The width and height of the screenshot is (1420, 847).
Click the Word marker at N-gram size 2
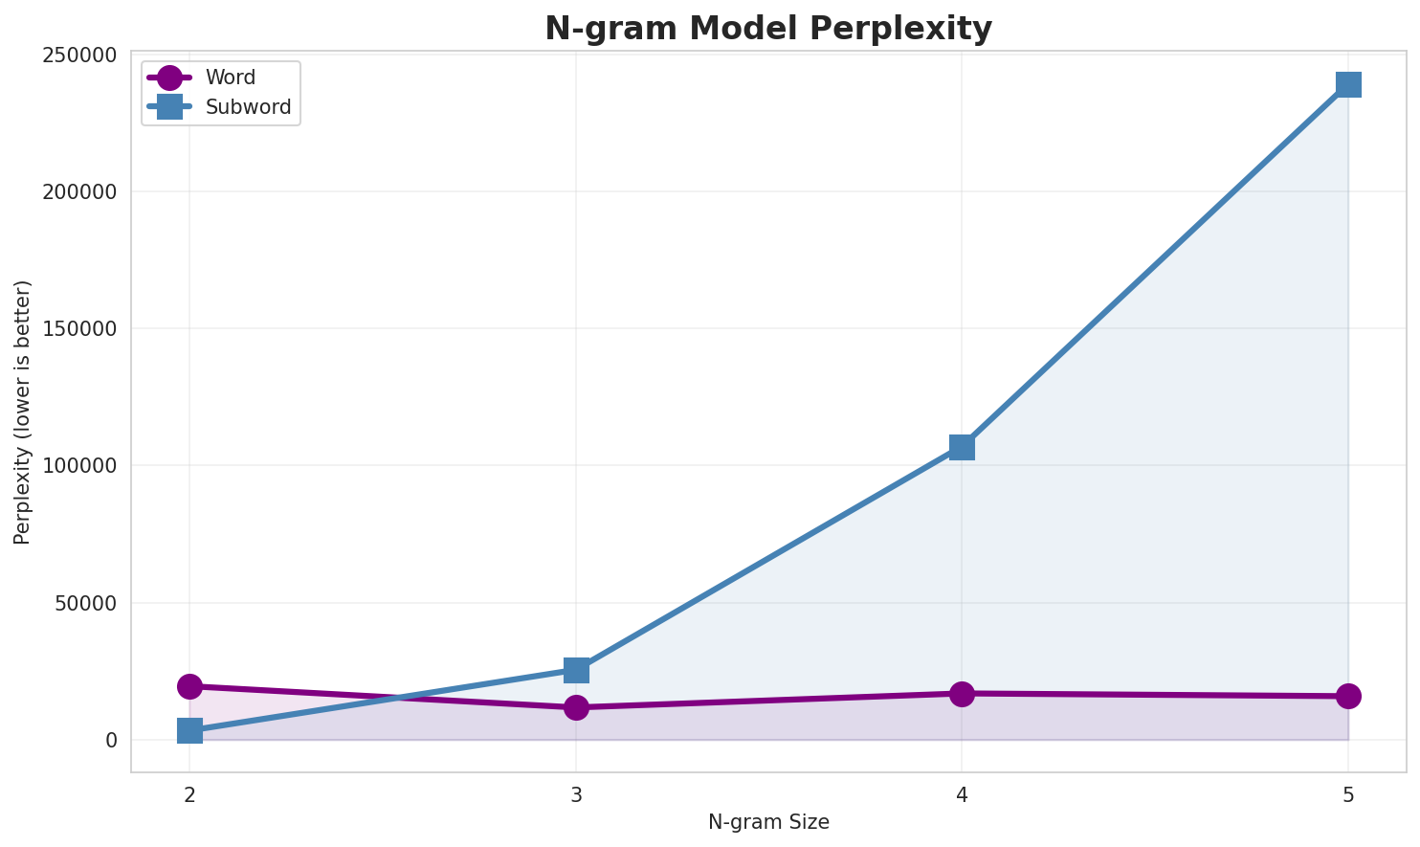coord(189,686)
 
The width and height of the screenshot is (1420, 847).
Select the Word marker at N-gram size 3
coord(576,707)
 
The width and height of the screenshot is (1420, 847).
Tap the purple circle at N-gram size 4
coord(962,694)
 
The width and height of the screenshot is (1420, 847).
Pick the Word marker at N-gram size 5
coord(1348,696)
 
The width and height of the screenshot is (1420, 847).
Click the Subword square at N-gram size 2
coord(189,731)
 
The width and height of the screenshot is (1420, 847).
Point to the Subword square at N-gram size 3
coord(576,670)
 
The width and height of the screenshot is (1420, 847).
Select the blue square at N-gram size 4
coord(962,447)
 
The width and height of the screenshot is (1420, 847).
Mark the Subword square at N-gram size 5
coord(1348,84)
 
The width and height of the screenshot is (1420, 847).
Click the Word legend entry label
coord(231,78)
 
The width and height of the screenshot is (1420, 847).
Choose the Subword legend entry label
coord(248,107)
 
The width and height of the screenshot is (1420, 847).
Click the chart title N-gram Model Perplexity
coord(768,29)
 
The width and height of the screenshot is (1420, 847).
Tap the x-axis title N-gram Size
coord(768,822)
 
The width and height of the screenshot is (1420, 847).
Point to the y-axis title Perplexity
coord(23,412)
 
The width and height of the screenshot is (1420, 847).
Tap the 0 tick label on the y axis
coord(111,740)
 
